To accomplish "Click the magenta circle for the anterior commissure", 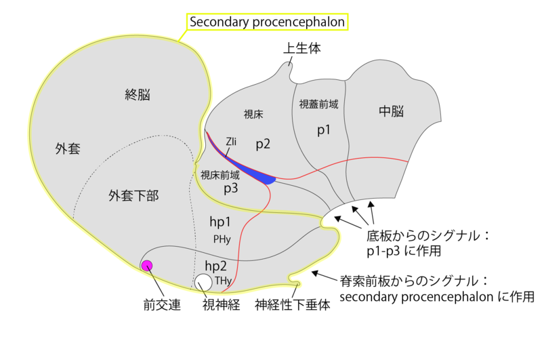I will [146, 265].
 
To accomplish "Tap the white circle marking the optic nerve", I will [203, 281].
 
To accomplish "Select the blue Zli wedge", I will [261, 177].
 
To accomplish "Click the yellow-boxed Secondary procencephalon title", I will [267, 22].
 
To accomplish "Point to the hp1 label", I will [221, 222].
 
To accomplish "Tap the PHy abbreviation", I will [222, 239].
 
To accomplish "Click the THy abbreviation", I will [224, 281].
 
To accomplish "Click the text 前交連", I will [162, 305].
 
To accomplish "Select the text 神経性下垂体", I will [293, 305].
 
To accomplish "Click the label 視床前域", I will [220, 175].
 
